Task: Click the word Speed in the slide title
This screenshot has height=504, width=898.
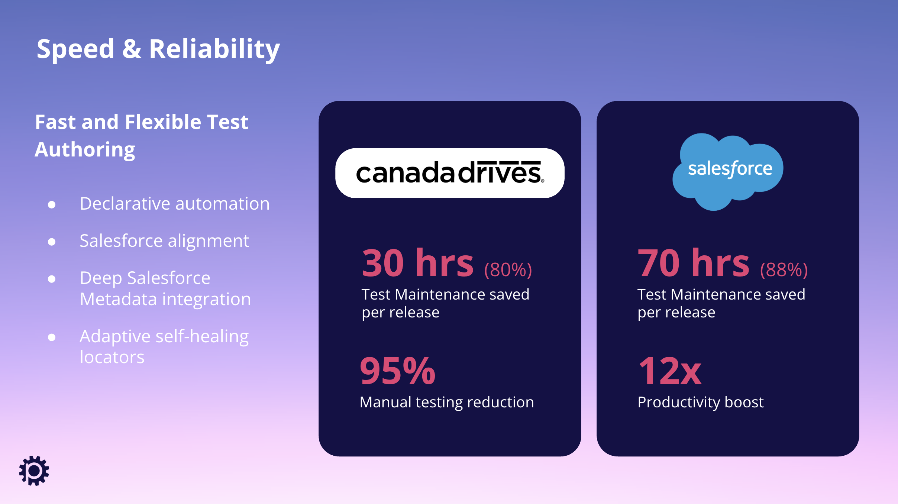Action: coord(75,49)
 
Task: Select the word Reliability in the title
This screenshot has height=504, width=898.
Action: coord(214,49)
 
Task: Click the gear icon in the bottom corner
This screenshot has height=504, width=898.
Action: coord(34,471)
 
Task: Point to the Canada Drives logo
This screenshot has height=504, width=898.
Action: coord(450,173)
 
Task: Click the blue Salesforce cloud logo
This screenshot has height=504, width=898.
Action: coord(728,172)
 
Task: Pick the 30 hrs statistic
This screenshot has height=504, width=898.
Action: coord(418,263)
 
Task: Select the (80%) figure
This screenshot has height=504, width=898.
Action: coord(508,269)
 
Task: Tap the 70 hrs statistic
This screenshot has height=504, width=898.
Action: coord(694,263)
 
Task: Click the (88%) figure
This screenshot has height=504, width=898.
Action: coord(784,269)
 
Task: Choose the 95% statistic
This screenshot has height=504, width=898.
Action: coord(398,371)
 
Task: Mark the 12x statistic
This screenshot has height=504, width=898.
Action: coord(670,371)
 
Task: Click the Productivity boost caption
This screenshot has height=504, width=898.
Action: coord(701,402)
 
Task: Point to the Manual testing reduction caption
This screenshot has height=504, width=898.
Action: coord(447,402)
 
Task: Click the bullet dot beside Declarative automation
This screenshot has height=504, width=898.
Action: coord(52,204)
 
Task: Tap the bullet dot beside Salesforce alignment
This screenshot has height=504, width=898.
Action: coord(52,242)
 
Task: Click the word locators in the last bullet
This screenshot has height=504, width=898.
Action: coord(112,357)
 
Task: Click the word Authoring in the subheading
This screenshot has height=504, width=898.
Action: coord(85,150)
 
